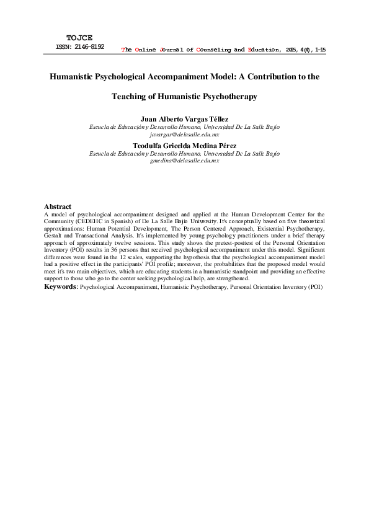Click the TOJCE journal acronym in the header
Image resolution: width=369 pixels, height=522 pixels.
[79, 38]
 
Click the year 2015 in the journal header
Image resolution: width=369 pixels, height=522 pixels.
[291, 48]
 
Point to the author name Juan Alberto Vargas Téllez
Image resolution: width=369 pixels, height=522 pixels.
[184, 119]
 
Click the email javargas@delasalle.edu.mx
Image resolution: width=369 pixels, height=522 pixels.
[184, 133]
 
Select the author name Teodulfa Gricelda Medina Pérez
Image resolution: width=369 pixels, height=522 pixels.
[184, 146]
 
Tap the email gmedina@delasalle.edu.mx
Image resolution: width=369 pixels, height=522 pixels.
[184, 160]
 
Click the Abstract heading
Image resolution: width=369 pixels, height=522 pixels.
[58, 206]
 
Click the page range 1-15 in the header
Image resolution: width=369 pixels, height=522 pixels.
[320, 48]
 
